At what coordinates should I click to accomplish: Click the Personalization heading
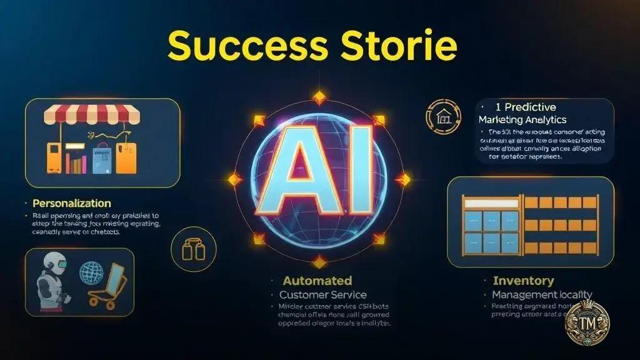coord(71,204)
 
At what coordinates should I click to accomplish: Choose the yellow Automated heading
coord(317,281)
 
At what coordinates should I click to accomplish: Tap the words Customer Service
coord(323,294)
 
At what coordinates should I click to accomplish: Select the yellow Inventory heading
coord(523,281)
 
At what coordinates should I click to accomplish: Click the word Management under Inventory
coord(517,294)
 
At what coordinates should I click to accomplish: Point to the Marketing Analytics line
coord(522,119)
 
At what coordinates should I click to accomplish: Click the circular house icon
coord(441,116)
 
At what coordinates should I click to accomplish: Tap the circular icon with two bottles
coord(189,249)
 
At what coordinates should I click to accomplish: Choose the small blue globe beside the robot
coord(92,273)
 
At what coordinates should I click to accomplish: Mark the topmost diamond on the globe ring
coord(319,97)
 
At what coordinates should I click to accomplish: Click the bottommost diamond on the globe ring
coord(319,261)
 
